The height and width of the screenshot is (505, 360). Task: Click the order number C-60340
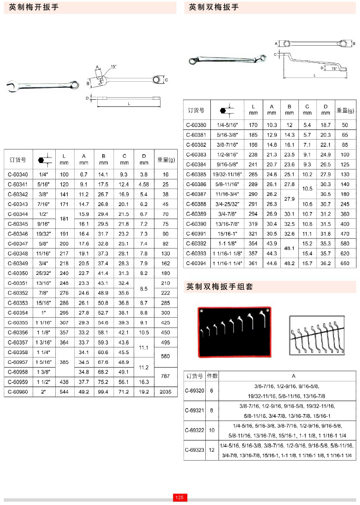pos(18,174)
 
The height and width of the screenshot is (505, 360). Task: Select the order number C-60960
pos(18,392)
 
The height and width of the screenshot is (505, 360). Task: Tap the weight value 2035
pos(166,392)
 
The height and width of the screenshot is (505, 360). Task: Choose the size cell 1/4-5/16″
pos(227,125)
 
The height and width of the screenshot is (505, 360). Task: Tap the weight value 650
pos(345,263)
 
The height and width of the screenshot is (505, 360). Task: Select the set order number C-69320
pos(194,391)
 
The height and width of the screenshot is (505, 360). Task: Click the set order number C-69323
pos(194,450)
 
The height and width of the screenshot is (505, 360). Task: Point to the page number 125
pos(180,497)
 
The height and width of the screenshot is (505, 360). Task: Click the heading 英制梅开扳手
pos(34,8)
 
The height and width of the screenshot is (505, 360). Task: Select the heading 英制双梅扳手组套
pos(220,287)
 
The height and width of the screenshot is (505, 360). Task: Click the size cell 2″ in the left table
pos(42,392)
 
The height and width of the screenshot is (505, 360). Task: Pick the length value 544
pos(64,392)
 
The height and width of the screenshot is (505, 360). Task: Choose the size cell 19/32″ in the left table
pos(42,234)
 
